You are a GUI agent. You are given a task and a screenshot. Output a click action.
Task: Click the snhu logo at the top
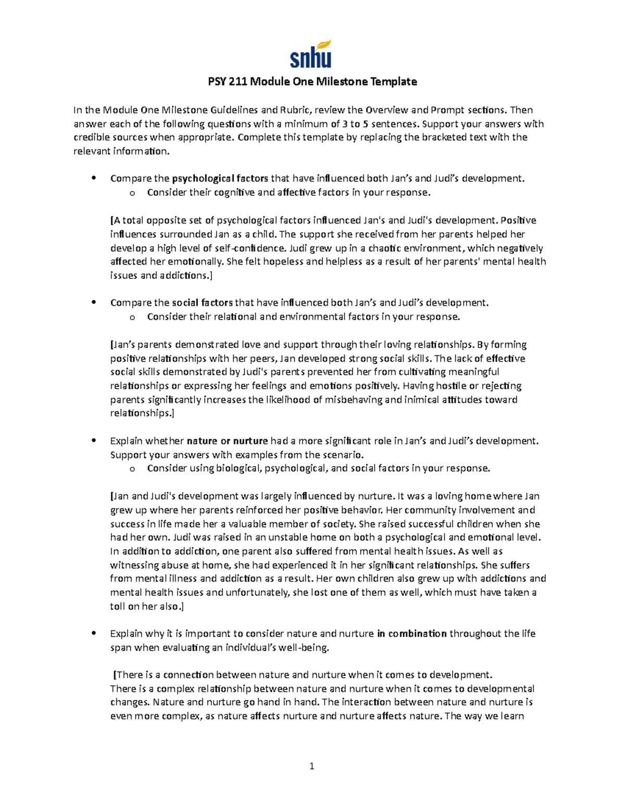[x=311, y=54]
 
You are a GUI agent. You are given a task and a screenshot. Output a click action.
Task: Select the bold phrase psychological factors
[x=220, y=179]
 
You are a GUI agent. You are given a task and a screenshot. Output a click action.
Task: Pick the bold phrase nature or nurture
[x=227, y=441]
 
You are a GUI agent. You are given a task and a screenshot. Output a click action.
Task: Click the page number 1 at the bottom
[x=311, y=766]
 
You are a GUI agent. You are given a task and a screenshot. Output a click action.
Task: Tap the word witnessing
[x=134, y=565]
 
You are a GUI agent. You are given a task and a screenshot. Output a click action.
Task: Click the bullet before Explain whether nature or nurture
[x=94, y=441]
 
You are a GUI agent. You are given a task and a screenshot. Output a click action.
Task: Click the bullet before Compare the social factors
[x=94, y=303]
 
